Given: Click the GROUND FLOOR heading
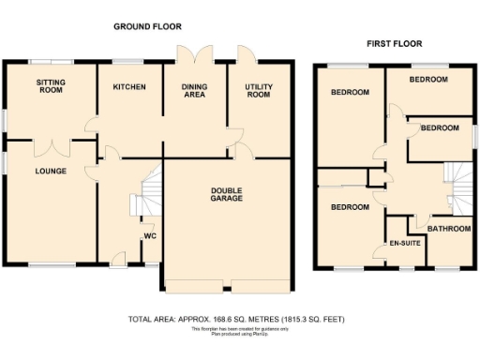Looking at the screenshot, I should point(147,26).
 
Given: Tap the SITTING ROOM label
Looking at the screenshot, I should point(51,87).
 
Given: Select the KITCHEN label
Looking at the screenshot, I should point(129,87).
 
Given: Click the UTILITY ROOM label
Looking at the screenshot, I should point(259,91).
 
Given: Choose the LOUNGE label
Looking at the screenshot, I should point(50,172).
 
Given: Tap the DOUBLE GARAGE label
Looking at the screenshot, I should point(226,194).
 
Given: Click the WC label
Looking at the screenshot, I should point(149,235).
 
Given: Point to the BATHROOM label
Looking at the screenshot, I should point(448,229).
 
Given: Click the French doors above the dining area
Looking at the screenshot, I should point(195,52).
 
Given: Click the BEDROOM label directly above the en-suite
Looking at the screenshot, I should point(349,207).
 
